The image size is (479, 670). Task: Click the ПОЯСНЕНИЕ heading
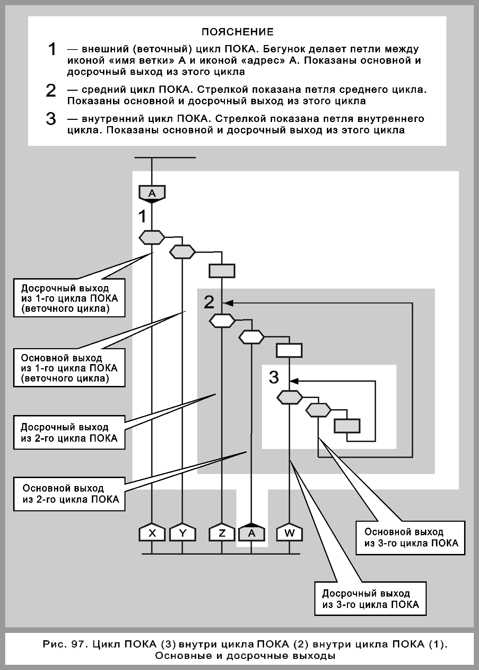point(238,32)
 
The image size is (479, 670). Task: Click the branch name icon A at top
point(152,193)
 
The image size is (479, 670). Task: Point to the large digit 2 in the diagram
point(209,302)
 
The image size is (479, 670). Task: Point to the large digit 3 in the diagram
point(274,377)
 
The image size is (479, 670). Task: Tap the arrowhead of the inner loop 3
point(294,381)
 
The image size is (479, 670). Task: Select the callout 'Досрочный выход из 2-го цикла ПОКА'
point(69,432)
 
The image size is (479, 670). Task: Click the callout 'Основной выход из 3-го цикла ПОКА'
point(410,538)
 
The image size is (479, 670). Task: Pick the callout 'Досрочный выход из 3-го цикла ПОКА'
point(370,599)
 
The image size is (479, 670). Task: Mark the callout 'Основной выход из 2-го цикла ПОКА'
point(69,494)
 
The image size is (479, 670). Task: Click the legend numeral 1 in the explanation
point(52,49)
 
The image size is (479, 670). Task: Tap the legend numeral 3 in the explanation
point(51,119)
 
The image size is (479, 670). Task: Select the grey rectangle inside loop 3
point(347,426)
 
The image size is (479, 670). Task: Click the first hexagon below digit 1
point(152,237)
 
